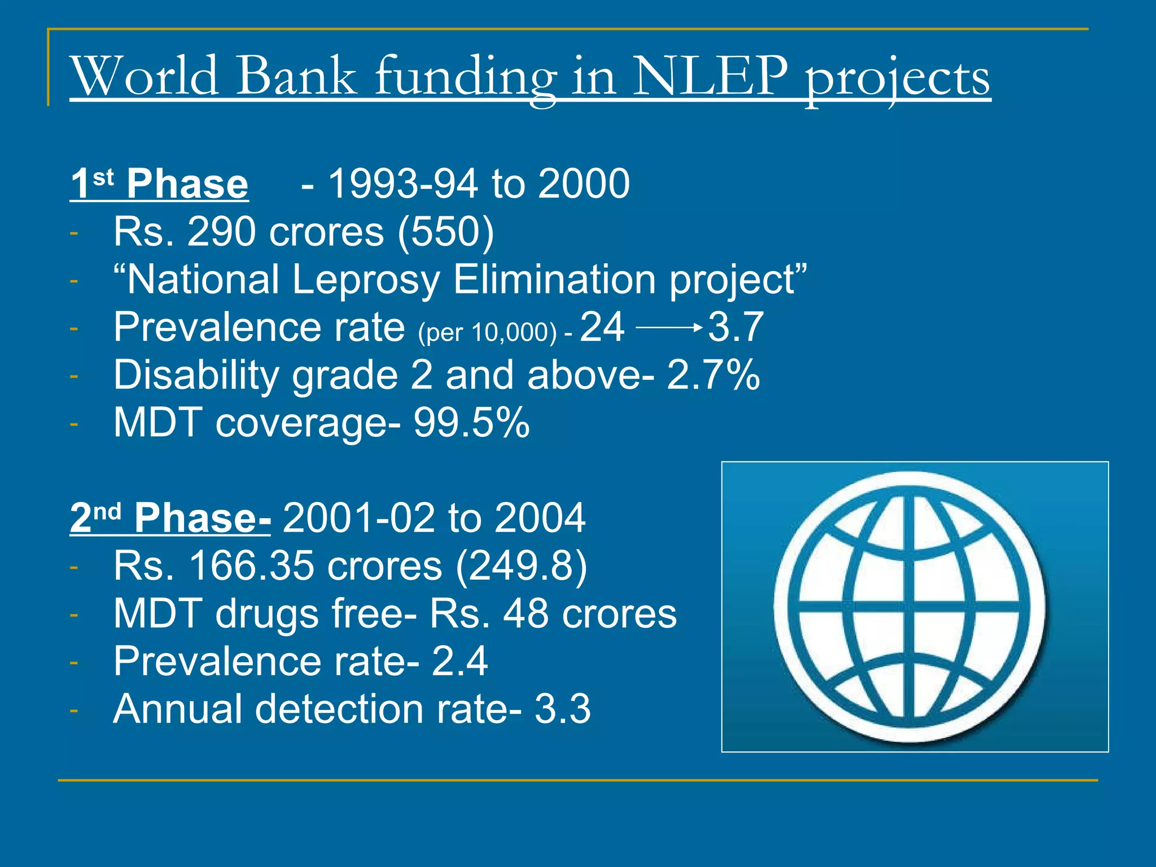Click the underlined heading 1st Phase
(159, 184)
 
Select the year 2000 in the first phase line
(584, 184)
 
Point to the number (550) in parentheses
(446, 232)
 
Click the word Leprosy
(365, 279)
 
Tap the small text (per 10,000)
(487, 332)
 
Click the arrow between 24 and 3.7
(669, 327)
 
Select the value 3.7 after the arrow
(735, 327)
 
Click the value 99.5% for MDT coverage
(471, 423)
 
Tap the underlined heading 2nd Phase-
(170, 518)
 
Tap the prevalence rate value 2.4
(459, 661)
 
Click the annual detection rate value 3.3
(562, 709)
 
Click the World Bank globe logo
(914, 607)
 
